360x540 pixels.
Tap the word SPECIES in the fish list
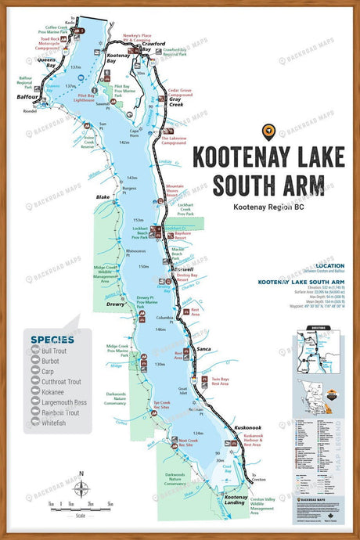(x=52, y=339)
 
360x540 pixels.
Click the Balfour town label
(x=26, y=98)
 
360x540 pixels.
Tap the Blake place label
(x=103, y=197)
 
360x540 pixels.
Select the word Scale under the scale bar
(x=80, y=513)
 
